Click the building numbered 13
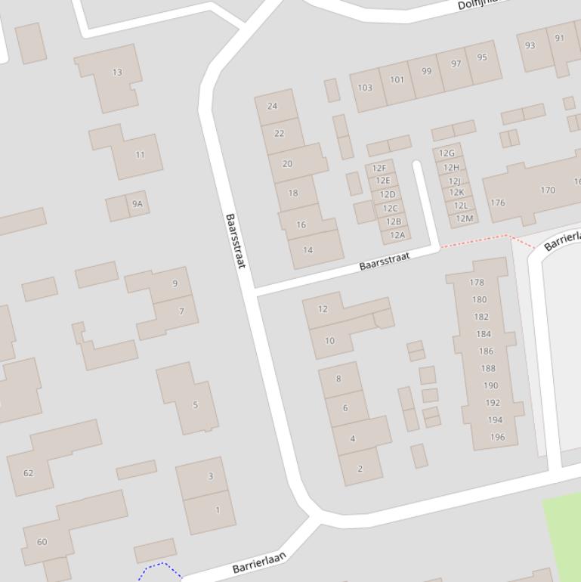pyautogui.click(x=116, y=73)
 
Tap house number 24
pyautogui.click(x=273, y=107)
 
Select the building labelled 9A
pyautogui.click(x=137, y=204)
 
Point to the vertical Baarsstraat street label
pyautogui.click(x=236, y=240)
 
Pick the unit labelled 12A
pyautogui.click(x=397, y=235)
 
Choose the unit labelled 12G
pyautogui.click(x=447, y=153)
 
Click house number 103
pyautogui.click(x=365, y=88)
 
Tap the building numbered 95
pyautogui.click(x=482, y=57)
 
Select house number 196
pyautogui.click(x=497, y=437)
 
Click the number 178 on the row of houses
pyautogui.click(x=477, y=283)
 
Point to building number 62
pyautogui.click(x=29, y=473)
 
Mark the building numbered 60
pyautogui.click(x=42, y=542)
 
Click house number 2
pyautogui.click(x=360, y=469)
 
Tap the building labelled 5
pyautogui.click(x=195, y=405)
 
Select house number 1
pyautogui.click(x=218, y=510)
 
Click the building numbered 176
pyautogui.click(x=497, y=203)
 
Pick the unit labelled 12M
pyautogui.click(x=465, y=219)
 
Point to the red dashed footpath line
pyautogui.click(x=476, y=240)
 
